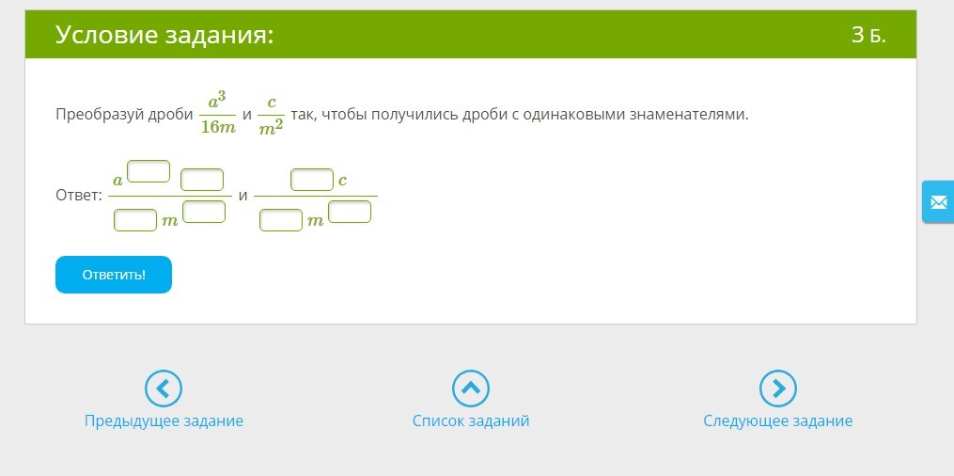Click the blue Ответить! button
tap(114, 275)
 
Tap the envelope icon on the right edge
tap(938, 201)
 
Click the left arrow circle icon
tap(164, 389)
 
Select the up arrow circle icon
tap(471, 389)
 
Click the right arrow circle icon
tap(778, 389)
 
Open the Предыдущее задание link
tap(164, 420)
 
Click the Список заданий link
tap(471, 420)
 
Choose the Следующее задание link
tap(778, 420)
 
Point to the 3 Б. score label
tap(868, 36)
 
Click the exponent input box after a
tap(149, 171)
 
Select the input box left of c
tap(312, 180)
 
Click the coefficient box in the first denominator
tap(135, 220)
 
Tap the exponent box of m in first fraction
tap(204, 212)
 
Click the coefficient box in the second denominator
tap(281, 220)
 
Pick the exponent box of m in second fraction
tap(350, 212)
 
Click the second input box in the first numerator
tap(203, 180)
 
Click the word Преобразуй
tap(100, 115)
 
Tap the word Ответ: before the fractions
tap(79, 196)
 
